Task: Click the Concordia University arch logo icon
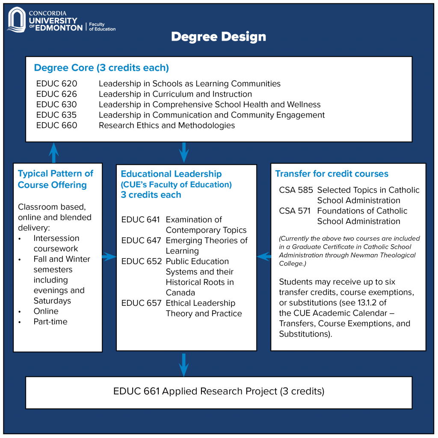coord(17,20)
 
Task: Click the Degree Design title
coord(219,37)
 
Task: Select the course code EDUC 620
coord(57,83)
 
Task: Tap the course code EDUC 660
coord(57,125)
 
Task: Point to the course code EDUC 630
coord(56,104)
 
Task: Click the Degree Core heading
coord(101,68)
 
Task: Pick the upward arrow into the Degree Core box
coord(53,153)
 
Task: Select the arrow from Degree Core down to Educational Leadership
coord(183,153)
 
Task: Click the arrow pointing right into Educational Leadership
coord(109,257)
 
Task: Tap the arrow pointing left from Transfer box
coord(263,257)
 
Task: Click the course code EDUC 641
coord(140,219)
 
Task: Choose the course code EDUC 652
coord(142,261)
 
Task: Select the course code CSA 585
coord(296,190)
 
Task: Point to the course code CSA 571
coord(295,211)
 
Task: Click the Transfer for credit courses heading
coord(332,174)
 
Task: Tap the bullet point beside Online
coord(20,312)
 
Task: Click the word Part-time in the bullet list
coord(50,322)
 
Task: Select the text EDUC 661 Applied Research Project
coord(195,391)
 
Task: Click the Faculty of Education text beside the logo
coord(102,27)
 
